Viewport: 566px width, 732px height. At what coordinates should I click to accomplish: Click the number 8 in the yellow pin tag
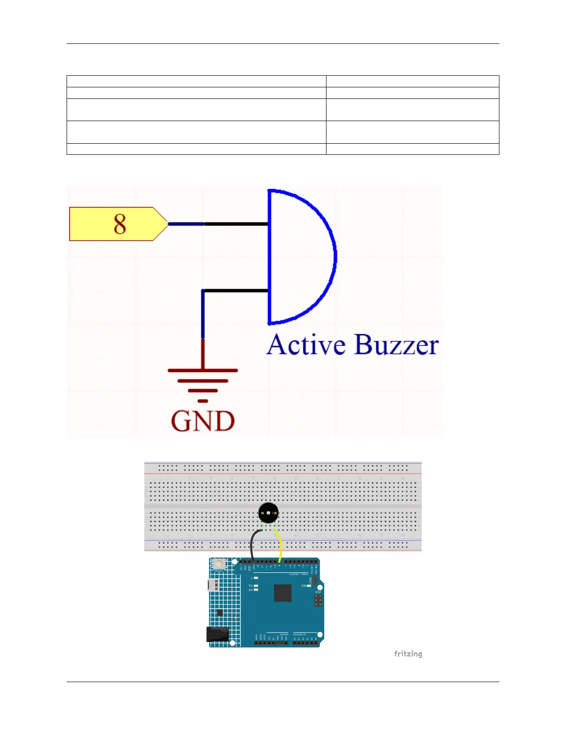[120, 224]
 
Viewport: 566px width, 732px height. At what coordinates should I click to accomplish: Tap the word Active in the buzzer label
[306, 345]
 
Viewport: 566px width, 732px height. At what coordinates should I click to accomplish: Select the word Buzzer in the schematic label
[397, 345]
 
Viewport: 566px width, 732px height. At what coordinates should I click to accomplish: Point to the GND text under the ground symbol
[203, 421]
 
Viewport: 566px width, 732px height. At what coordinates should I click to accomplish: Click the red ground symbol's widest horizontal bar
[203, 371]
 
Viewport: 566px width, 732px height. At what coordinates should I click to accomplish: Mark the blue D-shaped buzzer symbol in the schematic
[301, 256]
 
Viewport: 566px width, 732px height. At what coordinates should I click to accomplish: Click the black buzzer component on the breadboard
[268, 512]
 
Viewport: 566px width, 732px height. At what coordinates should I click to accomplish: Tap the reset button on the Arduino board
[219, 564]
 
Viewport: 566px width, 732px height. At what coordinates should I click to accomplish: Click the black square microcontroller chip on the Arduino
[283, 593]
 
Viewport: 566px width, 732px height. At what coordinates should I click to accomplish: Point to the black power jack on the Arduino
[217, 634]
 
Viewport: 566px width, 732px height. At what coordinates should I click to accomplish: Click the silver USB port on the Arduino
[213, 585]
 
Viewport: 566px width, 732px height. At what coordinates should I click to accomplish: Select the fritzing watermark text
[408, 654]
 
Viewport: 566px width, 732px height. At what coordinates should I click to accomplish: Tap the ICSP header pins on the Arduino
[318, 600]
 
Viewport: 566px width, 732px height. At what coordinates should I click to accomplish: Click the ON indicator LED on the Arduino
[309, 586]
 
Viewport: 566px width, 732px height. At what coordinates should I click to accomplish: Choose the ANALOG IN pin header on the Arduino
[305, 643]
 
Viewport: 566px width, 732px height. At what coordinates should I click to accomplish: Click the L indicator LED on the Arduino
[256, 578]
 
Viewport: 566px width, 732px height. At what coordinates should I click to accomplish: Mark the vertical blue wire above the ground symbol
[203, 314]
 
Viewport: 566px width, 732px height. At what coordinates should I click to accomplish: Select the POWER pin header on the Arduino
[271, 643]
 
